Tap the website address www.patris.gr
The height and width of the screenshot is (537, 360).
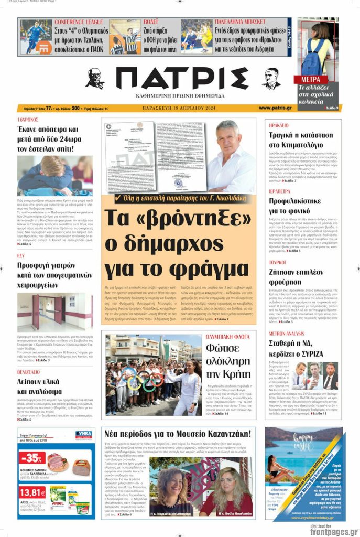275,108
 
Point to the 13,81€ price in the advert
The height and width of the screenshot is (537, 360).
32,492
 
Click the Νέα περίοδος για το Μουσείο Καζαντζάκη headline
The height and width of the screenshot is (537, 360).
178,434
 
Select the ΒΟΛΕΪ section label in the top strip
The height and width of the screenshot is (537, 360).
151,22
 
